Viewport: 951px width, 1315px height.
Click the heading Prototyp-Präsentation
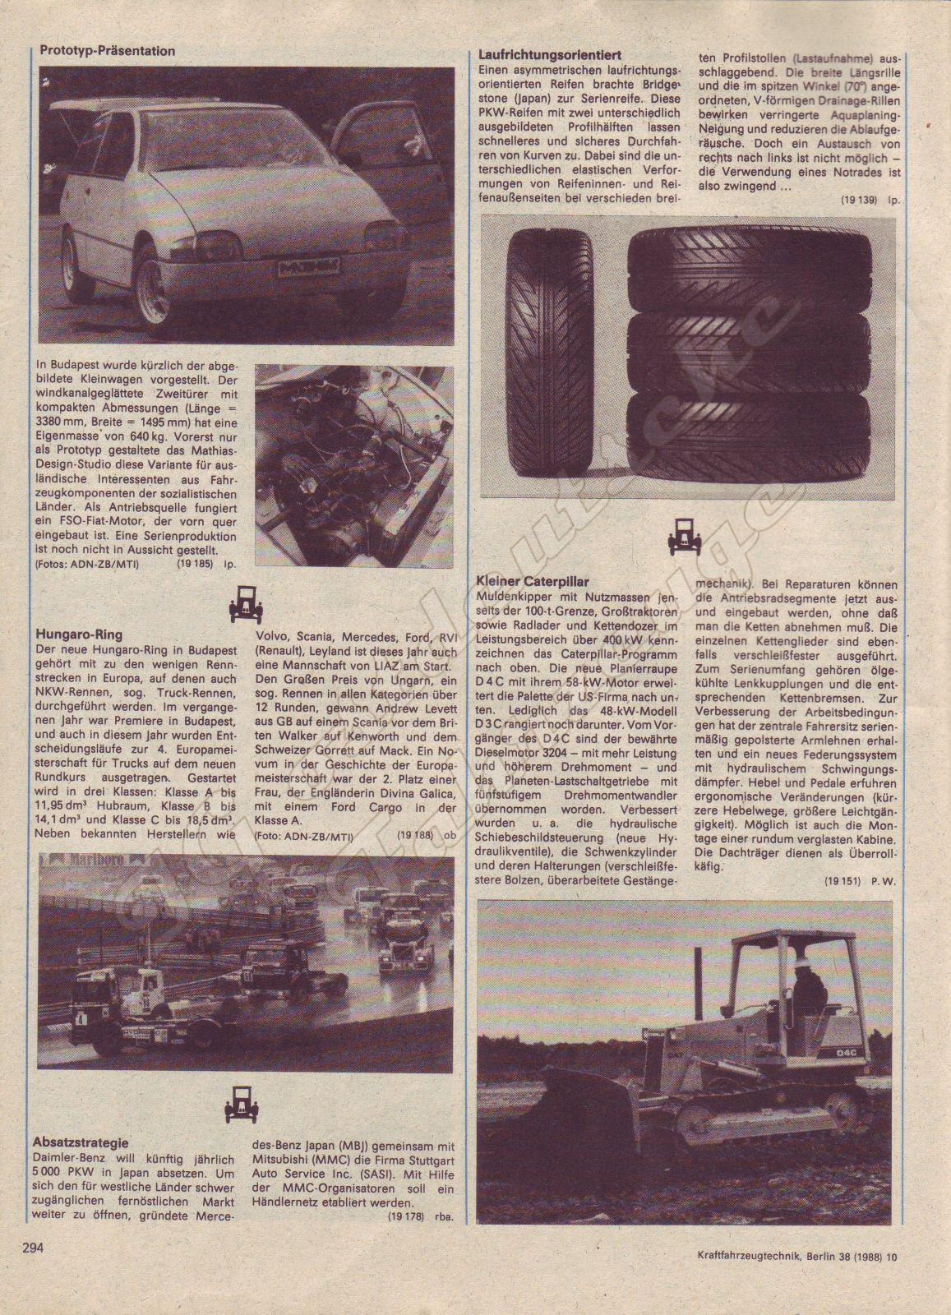[108, 51]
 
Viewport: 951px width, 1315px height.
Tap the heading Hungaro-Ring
[80, 635]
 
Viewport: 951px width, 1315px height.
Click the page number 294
[32, 1271]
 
